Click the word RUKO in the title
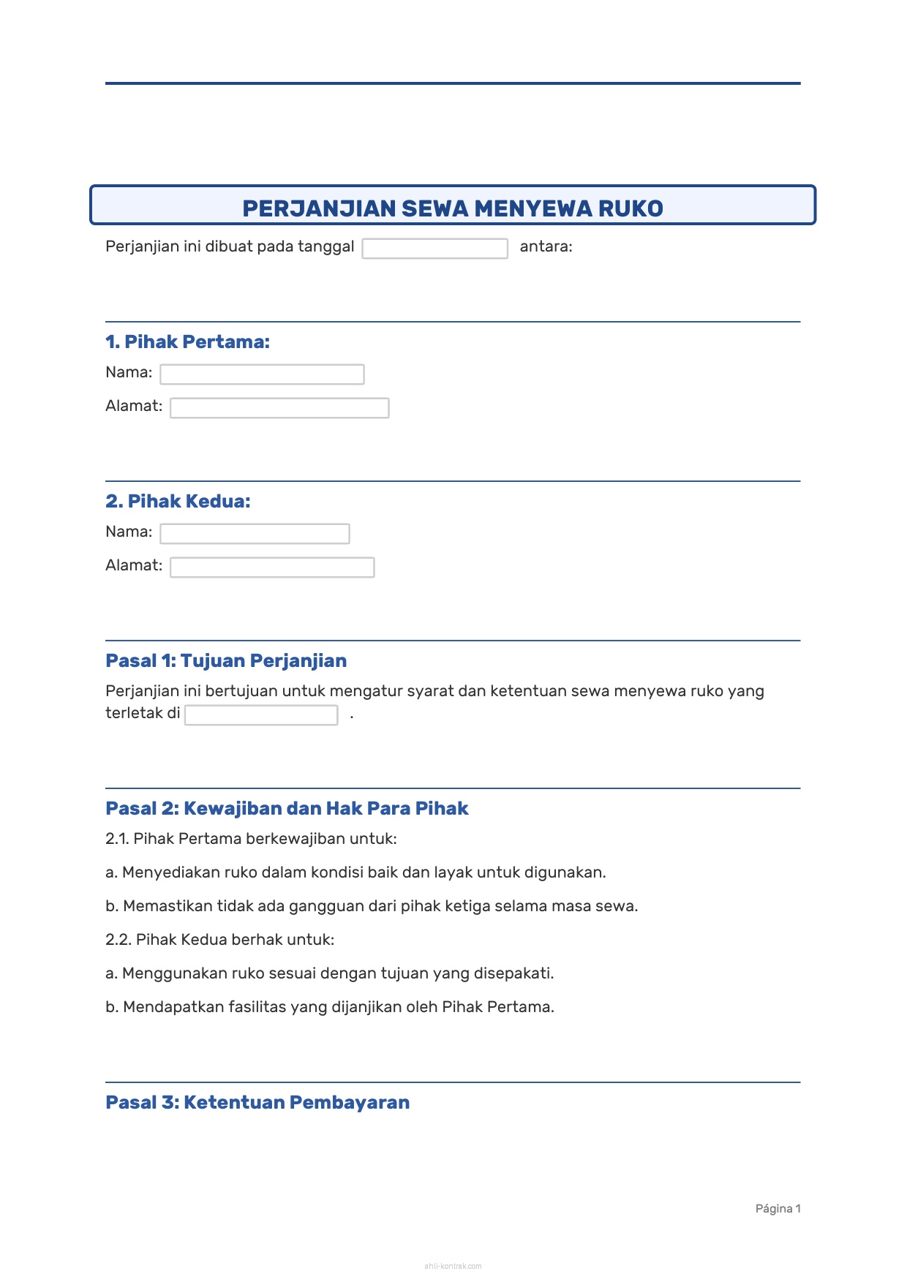[x=631, y=208]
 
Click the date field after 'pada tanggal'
[x=434, y=249]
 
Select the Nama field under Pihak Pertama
[x=262, y=374]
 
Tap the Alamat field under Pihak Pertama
[x=279, y=408]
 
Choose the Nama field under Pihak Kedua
[x=255, y=534]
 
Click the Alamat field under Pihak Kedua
[x=272, y=568]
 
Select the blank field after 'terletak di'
[x=261, y=715]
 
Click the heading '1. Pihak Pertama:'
[x=187, y=342]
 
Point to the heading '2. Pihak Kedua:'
[x=178, y=501]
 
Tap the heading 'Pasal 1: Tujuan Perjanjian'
[x=226, y=660]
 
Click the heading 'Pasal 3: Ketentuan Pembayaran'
[x=257, y=1102]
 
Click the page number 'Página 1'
[x=778, y=1208]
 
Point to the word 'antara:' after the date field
[x=546, y=246]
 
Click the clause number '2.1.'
[x=117, y=839]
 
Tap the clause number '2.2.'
[x=118, y=940]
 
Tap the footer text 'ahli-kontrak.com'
[x=453, y=1266]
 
